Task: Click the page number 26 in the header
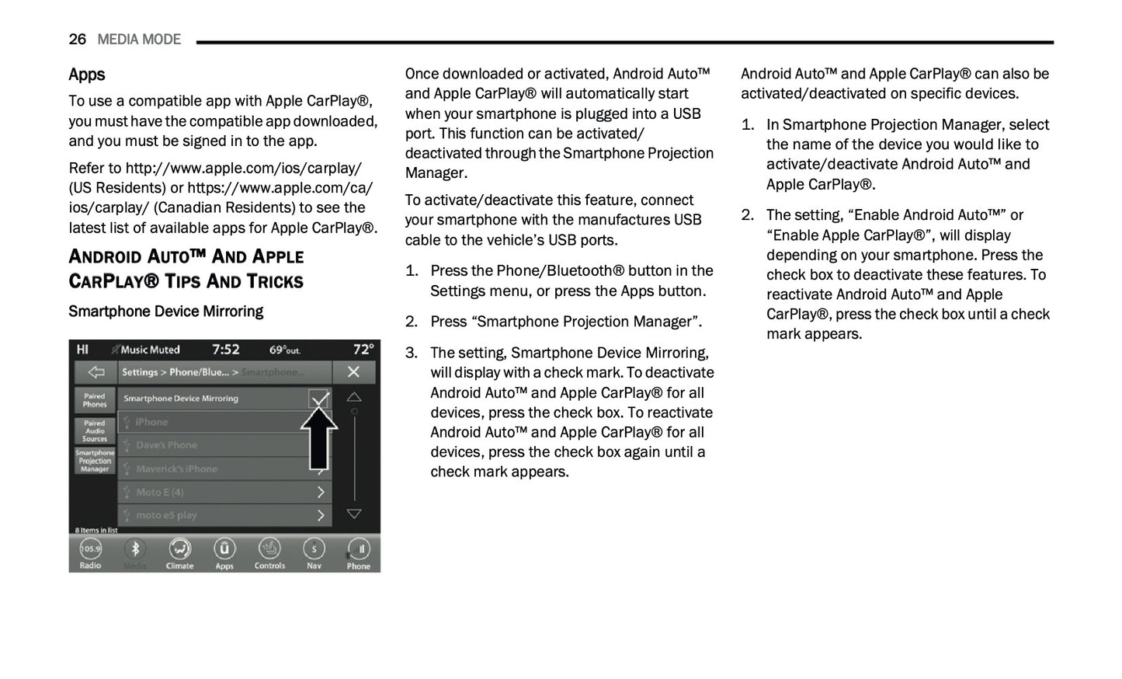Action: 77,40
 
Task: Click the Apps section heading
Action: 86,75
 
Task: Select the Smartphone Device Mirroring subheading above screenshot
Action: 165,312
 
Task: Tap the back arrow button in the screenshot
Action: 96,372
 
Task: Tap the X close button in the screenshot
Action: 353,372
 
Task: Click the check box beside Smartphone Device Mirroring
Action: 318,399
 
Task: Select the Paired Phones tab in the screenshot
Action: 95,400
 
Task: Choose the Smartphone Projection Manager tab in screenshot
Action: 95,461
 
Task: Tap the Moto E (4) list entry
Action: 224,493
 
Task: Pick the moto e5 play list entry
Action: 224,515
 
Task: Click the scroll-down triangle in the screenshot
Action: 354,514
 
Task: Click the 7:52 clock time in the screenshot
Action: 226,350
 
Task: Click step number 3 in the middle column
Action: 412,353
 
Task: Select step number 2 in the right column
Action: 748,215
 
